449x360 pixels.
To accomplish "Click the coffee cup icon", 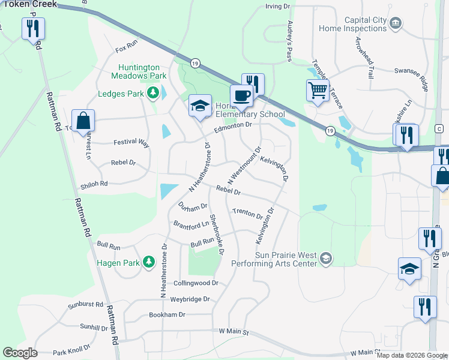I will (241, 95).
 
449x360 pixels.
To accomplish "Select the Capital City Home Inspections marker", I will (396, 23).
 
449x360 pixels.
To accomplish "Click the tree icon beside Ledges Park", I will (154, 93).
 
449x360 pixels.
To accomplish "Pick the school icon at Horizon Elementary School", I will (200, 107).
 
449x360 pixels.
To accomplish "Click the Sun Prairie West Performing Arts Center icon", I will (325, 258).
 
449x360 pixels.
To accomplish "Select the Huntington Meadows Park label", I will (139, 72).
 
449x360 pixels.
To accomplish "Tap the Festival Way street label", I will (131, 143).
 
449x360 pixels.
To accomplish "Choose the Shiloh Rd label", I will (95, 184).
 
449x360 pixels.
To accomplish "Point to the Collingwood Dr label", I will (195, 283).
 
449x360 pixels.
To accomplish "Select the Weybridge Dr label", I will (190, 298).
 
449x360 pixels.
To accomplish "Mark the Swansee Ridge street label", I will (411, 70).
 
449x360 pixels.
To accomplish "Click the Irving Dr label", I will (277, 7).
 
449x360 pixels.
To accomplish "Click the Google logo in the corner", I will (20, 353).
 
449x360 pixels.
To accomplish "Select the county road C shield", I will (439, 129).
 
